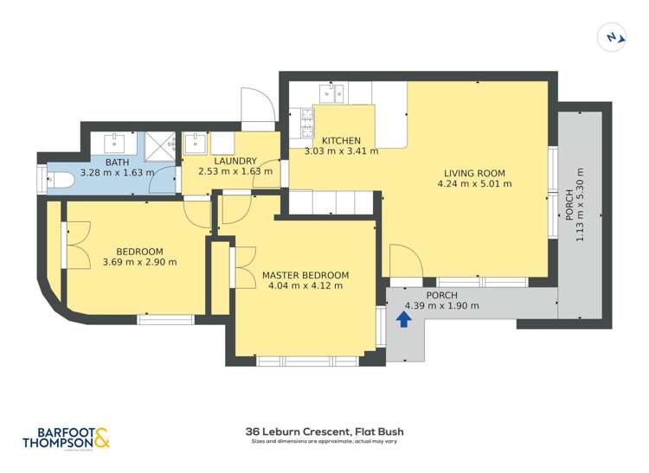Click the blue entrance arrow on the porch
click(403, 319)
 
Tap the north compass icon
click(613, 36)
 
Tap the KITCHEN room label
click(341, 141)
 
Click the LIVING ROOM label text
click(474, 173)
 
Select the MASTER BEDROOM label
click(305, 276)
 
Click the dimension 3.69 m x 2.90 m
click(139, 262)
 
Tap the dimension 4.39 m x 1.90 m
click(441, 305)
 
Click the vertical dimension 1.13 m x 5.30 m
click(579, 205)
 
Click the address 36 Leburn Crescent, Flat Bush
click(324, 431)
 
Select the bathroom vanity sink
click(116, 141)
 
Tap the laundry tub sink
click(195, 141)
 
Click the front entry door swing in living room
click(405, 262)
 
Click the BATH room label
click(117, 162)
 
